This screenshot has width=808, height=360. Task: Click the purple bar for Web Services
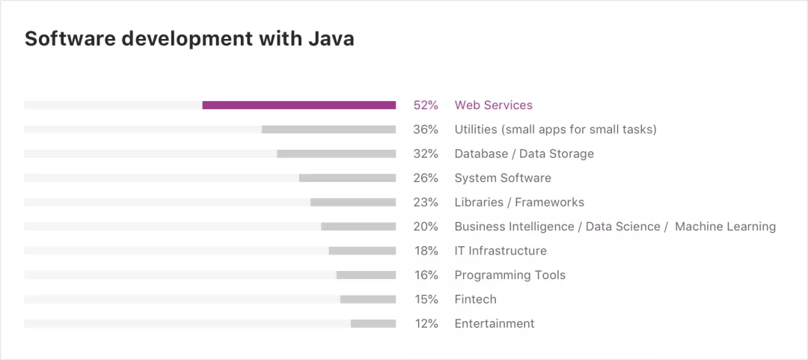(x=299, y=106)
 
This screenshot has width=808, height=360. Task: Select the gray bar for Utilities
(x=328, y=129)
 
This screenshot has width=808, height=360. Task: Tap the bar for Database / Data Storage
(x=336, y=153)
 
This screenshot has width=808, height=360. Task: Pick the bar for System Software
(x=347, y=178)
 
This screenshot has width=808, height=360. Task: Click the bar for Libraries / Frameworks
(x=353, y=202)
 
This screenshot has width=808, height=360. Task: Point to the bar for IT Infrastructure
(x=362, y=251)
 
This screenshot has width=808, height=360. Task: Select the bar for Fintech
(x=368, y=299)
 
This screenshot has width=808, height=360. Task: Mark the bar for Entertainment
(x=373, y=323)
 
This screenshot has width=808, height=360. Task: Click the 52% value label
(x=426, y=106)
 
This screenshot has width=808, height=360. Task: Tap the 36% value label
(x=426, y=129)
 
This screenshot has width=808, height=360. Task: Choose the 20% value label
(x=426, y=227)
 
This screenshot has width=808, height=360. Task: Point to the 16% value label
(x=426, y=275)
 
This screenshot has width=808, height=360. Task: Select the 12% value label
(x=426, y=323)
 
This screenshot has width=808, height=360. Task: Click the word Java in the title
(x=331, y=39)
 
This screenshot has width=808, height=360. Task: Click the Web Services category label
(x=494, y=106)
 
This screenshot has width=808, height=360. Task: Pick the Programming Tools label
(x=510, y=275)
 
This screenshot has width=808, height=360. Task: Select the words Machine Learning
(x=725, y=227)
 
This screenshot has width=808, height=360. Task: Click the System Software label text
(x=503, y=178)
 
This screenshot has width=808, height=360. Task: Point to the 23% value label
(x=426, y=202)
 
